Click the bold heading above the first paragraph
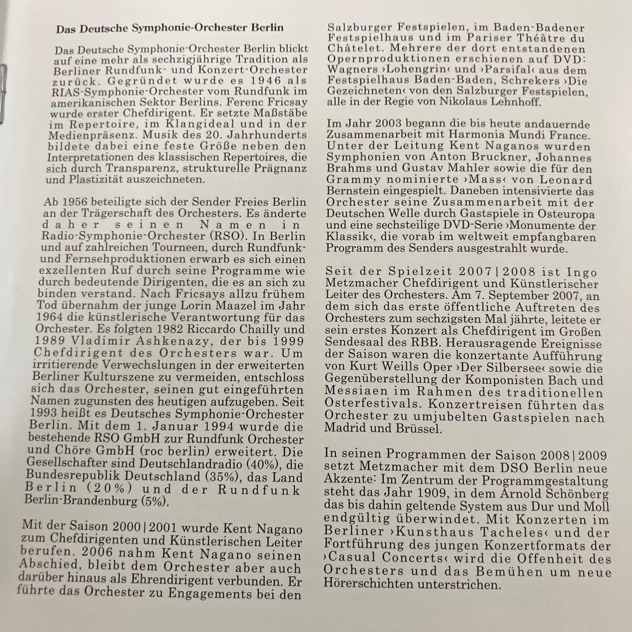coord(170,28)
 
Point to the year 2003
coord(384,125)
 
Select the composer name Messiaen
coord(355,393)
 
